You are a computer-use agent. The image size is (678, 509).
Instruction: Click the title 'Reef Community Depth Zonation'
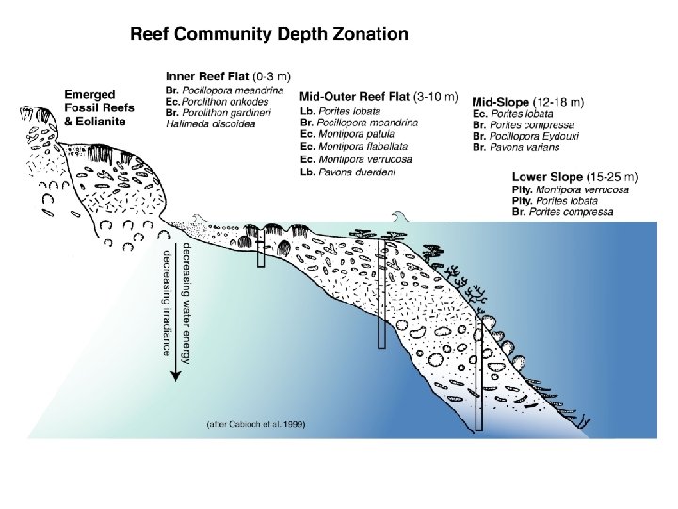(x=268, y=35)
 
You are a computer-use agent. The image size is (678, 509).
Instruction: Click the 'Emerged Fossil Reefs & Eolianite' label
(x=99, y=107)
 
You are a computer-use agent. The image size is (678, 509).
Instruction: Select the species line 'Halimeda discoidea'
(x=204, y=121)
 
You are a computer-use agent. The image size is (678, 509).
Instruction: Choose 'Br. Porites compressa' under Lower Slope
(x=562, y=212)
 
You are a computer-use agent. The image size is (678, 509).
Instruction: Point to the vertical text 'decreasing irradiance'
(x=168, y=302)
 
